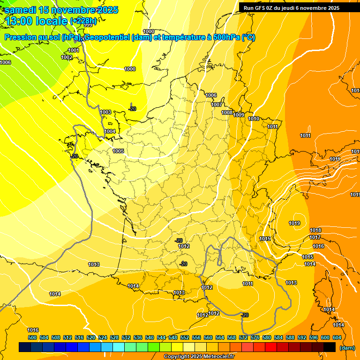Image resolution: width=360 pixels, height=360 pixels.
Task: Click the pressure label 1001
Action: click(74, 50)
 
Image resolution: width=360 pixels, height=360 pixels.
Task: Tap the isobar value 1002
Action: click(67, 57)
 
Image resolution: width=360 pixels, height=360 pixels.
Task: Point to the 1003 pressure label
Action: click(105, 112)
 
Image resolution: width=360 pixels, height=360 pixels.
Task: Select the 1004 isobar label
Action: click(110, 131)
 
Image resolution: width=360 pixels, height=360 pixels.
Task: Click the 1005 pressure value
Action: click(118, 151)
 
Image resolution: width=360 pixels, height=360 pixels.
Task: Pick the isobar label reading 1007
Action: click(217, 105)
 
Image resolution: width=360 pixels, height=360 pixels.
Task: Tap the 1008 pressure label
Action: click(227, 112)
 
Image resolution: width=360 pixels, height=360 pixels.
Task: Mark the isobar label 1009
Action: click(239, 115)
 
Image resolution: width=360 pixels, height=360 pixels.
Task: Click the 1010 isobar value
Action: click(254, 119)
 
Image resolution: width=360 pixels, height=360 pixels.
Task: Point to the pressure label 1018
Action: click(315, 230)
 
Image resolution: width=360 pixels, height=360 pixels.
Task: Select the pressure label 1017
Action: click(315, 238)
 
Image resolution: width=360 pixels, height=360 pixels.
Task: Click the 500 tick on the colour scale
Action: click(32, 337)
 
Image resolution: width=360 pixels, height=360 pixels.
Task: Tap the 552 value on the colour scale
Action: click(185, 337)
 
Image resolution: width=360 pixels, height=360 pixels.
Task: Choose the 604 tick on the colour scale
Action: click(337, 337)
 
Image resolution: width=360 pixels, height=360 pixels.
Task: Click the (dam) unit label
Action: click(346, 347)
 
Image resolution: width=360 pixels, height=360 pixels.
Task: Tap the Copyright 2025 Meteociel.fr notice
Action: click(199, 357)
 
